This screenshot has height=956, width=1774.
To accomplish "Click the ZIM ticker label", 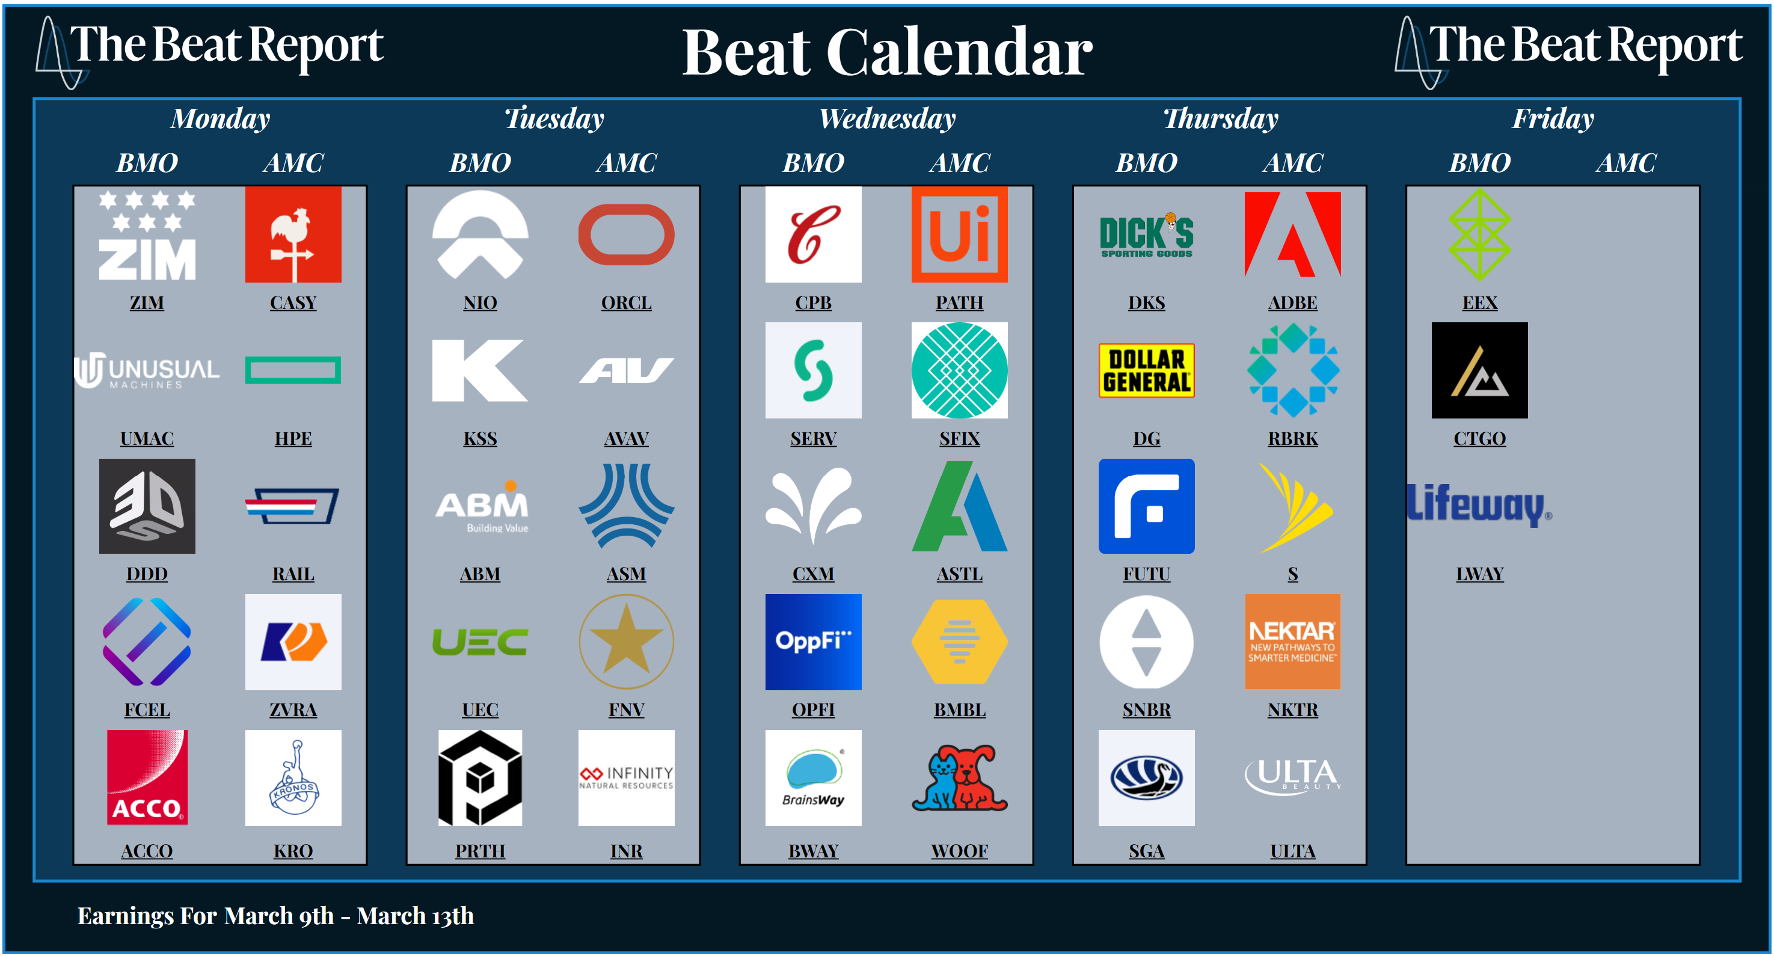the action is tap(147, 302).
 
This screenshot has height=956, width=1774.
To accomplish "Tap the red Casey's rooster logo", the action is tap(293, 234).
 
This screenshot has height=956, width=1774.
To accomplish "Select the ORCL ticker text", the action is tap(626, 302).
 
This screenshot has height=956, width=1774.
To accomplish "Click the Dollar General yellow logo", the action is tap(1147, 370).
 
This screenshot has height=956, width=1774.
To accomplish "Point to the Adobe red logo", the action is tap(1293, 234).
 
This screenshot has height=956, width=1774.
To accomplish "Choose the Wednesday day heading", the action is tap(887, 118).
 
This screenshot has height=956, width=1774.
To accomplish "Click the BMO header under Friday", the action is tap(1479, 163).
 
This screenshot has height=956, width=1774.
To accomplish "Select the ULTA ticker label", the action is tap(1293, 851).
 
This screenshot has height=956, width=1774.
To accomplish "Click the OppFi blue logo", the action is tap(813, 642).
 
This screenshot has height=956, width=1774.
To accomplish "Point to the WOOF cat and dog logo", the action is tap(959, 777).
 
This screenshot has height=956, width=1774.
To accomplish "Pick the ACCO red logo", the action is tap(147, 777).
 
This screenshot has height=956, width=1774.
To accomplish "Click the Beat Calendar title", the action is tap(887, 52).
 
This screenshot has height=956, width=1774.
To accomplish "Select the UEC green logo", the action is tap(480, 642).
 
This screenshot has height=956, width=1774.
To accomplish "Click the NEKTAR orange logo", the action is tap(1293, 642).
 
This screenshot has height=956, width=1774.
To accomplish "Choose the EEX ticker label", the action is tap(1479, 302).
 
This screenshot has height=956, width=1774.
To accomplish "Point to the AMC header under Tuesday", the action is tap(627, 163).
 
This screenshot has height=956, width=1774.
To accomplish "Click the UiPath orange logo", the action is tap(959, 234).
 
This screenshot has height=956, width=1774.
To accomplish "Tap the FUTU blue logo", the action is tap(1147, 506).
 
